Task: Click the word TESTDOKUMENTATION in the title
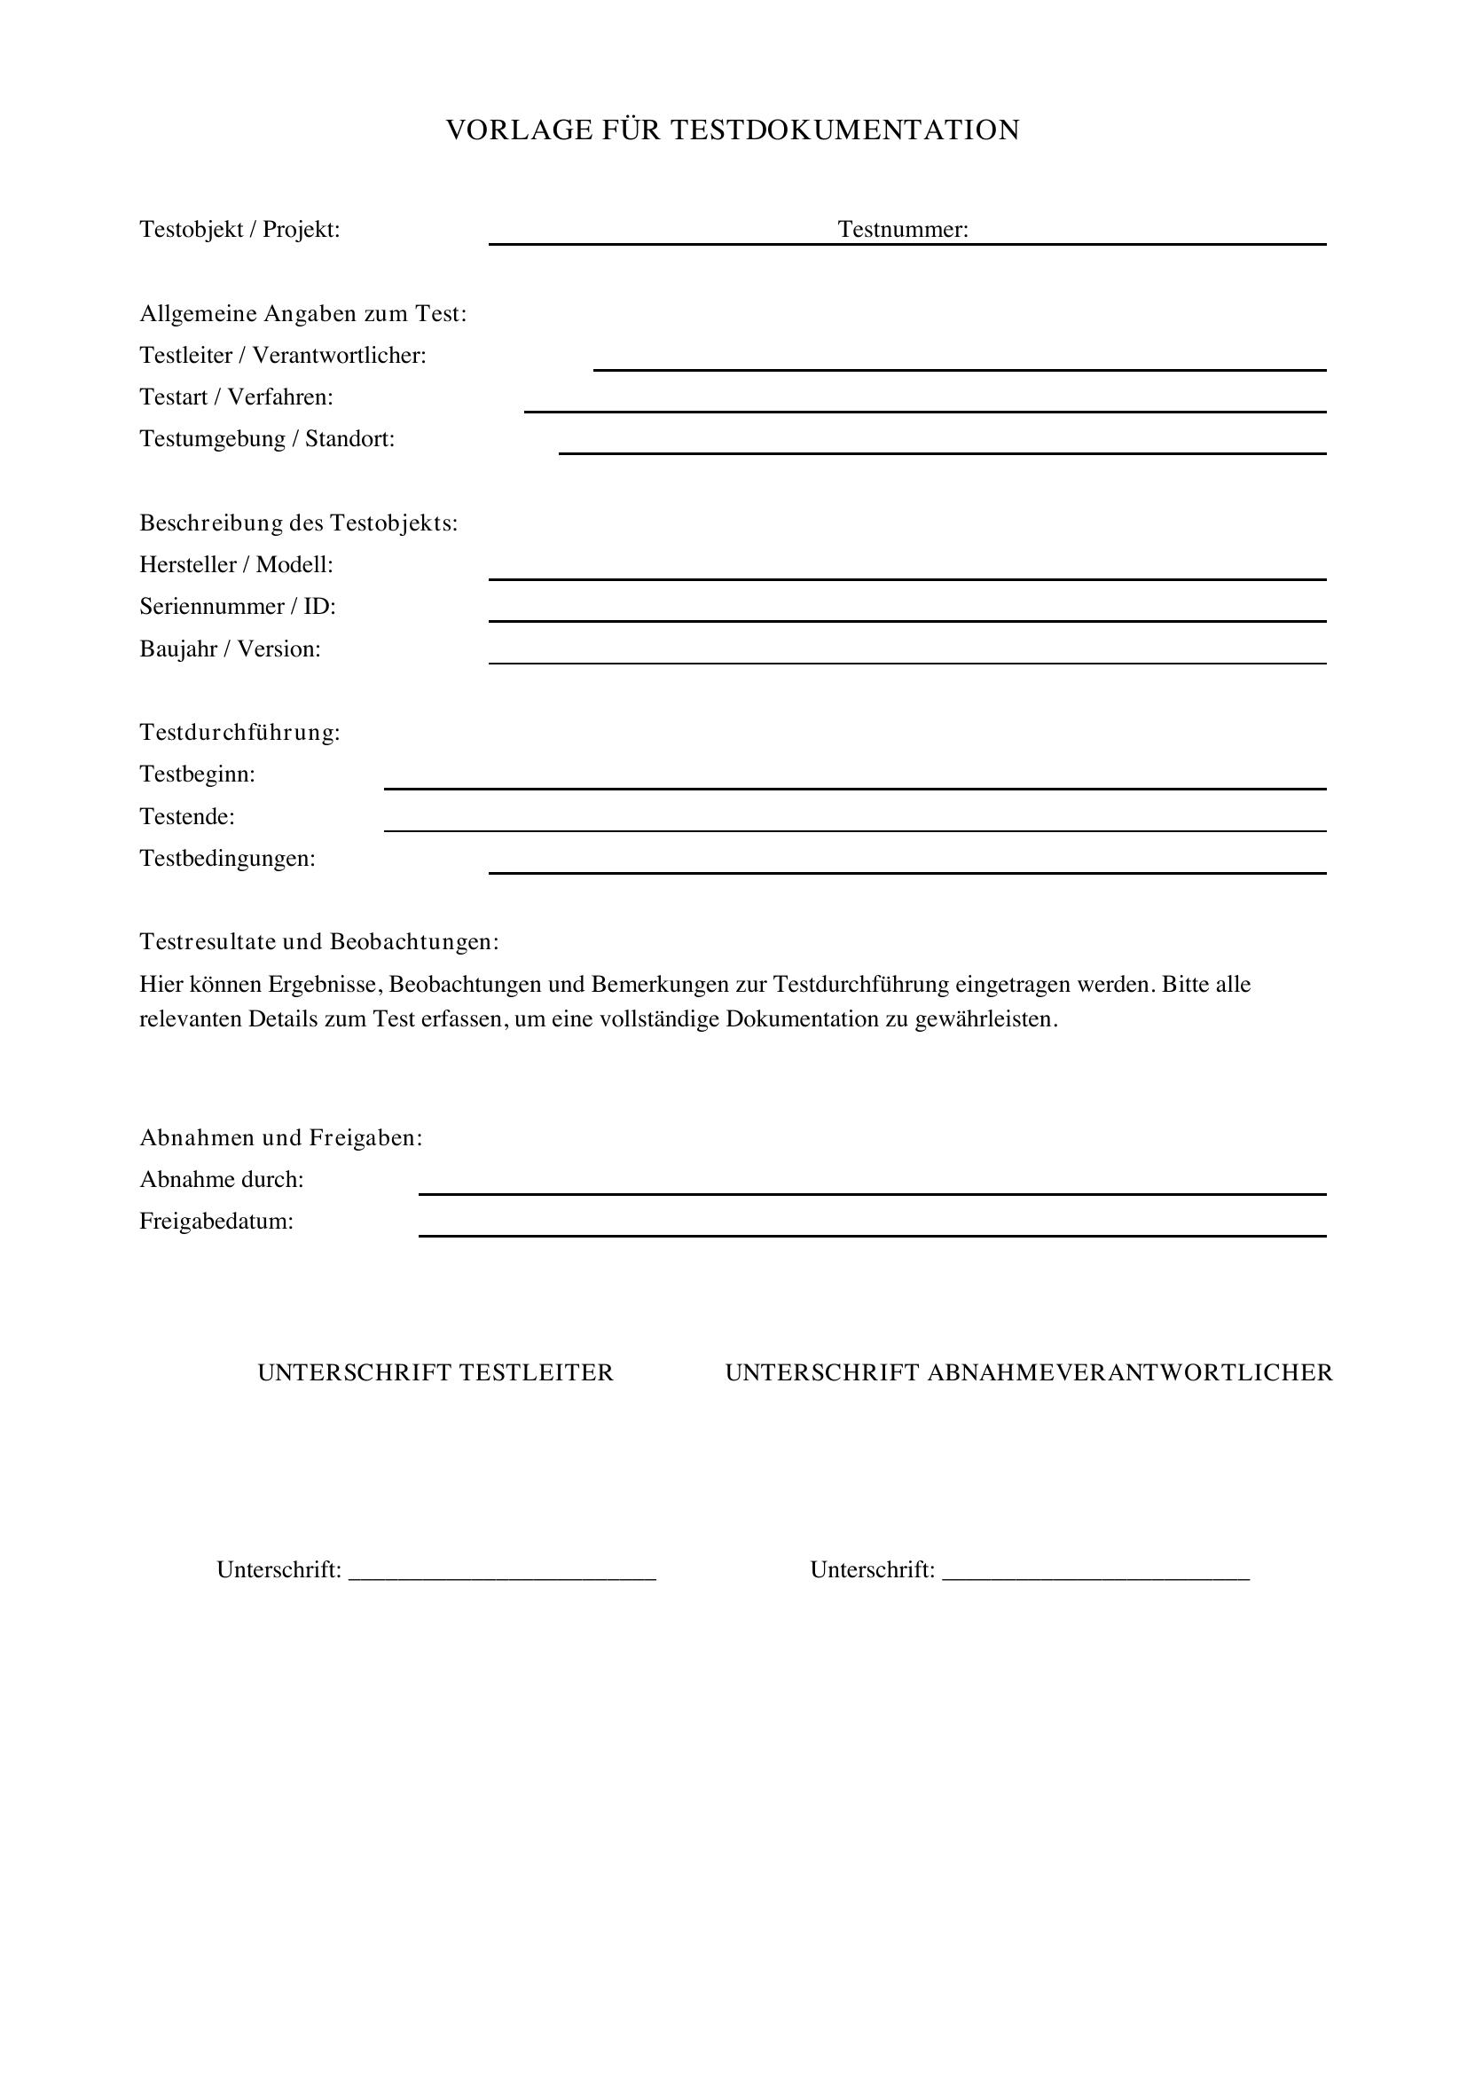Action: [844, 130]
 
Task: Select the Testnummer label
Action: [902, 230]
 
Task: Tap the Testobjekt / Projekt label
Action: [239, 230]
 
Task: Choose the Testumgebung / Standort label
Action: [266, 439]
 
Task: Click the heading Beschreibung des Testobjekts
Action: [298, 523]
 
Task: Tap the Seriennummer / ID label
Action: [237, 607]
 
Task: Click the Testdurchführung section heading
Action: [239, 733]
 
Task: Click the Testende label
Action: [186, 817]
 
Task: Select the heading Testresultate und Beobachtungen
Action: [319, 942]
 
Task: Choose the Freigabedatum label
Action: [216, 1222]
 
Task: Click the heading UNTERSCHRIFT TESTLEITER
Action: [435, 1372]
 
